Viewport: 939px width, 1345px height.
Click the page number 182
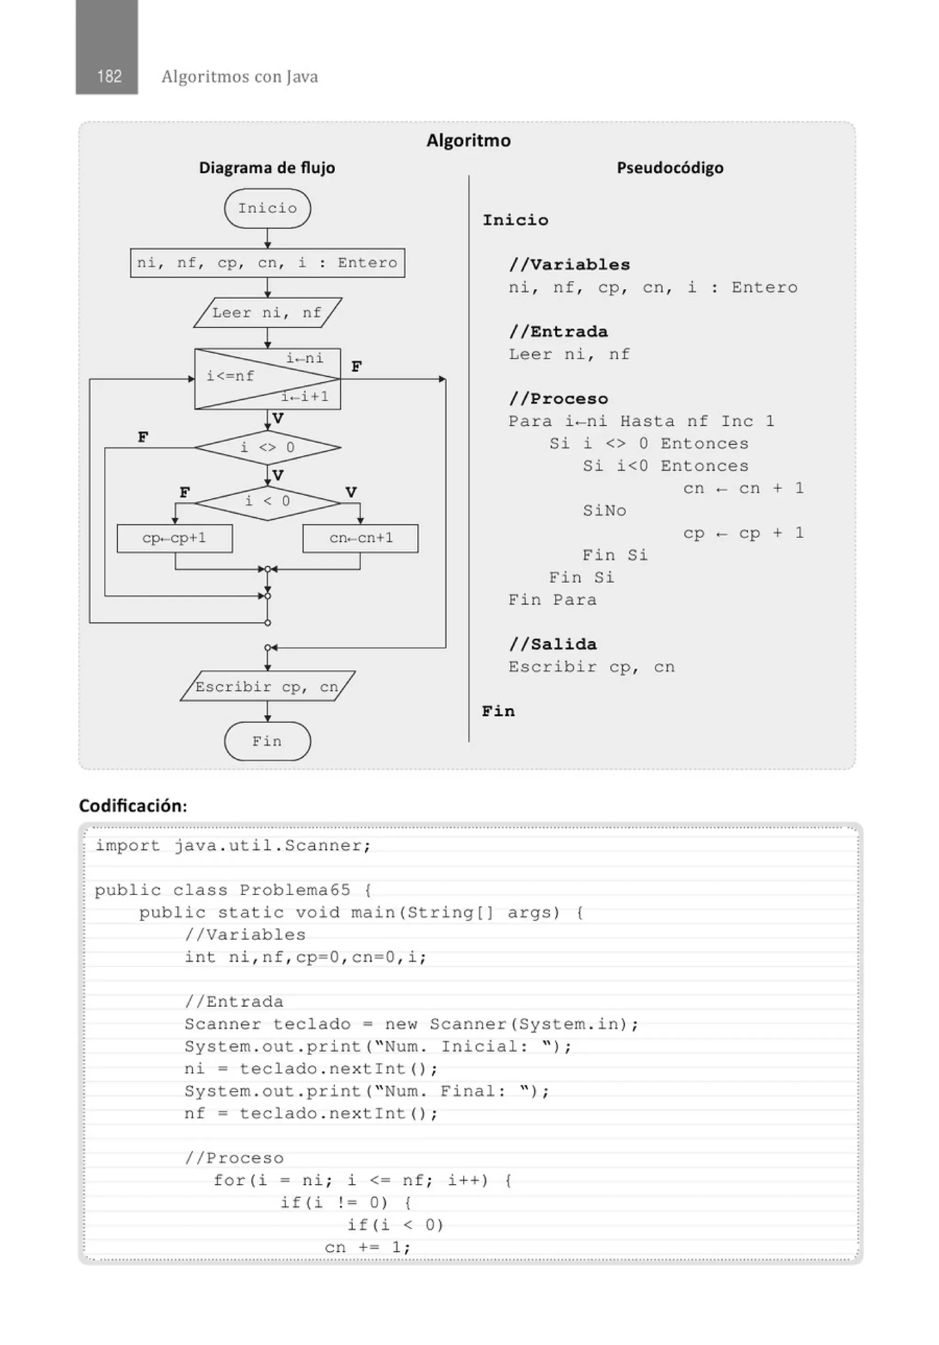pyautogui.click(x=110, y=76)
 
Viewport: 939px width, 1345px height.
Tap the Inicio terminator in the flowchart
pyautogui.click(x=268, y=208)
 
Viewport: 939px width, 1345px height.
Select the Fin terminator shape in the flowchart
pyautogui.click(x=268, y=741)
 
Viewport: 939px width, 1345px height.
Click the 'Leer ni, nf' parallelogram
pyautogui.click(x=268, y=313)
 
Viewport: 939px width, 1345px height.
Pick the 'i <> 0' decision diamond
pyautogui.click(x=268, y=447)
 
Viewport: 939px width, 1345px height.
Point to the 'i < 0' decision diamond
pyautogui.click(x=268, y=502)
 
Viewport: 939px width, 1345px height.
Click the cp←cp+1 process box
pyautogui.click(x=174, y=538)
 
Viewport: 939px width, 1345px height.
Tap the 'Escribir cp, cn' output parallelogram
pyautogui.click(x=268, y=686)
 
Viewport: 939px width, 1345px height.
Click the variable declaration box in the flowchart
pyautogui.click(x=268, y=263)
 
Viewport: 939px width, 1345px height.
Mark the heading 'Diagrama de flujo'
pyautogui.click(x=267, y=168)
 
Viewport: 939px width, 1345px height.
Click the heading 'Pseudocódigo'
pyautogui.click(x=670, y=168)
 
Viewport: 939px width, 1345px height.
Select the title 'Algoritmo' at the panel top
pyautogui.click(x=468, y=140)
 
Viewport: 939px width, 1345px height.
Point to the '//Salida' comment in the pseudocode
pyautogui.click(x=552, y=644)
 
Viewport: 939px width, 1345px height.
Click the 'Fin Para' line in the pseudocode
pyautogui.click(x=552, y=600)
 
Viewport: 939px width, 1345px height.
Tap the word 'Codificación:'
pyautogui.click(x=133, y=806)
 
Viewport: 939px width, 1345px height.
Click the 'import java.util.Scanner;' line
pyautogui.click(x=233, y=846)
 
